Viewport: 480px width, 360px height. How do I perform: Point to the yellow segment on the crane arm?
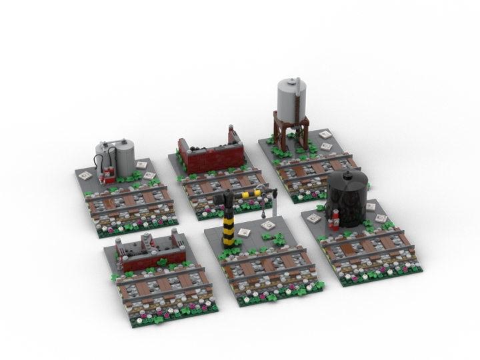tap(250, 195)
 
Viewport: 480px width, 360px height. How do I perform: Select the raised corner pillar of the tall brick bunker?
tap(233, 136)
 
